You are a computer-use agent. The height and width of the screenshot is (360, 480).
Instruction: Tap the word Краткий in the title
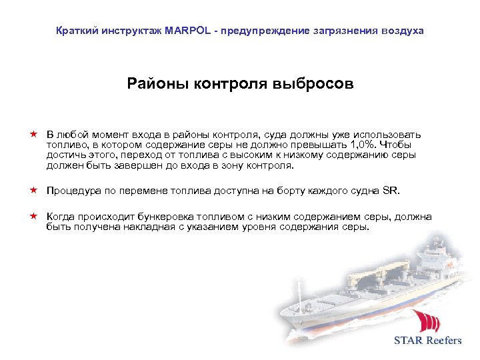point(75,31)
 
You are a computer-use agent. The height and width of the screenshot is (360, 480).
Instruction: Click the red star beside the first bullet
point(32,135)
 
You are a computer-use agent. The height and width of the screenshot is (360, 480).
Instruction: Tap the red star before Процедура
point(32,190)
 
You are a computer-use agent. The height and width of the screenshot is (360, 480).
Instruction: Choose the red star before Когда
point(32,216)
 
